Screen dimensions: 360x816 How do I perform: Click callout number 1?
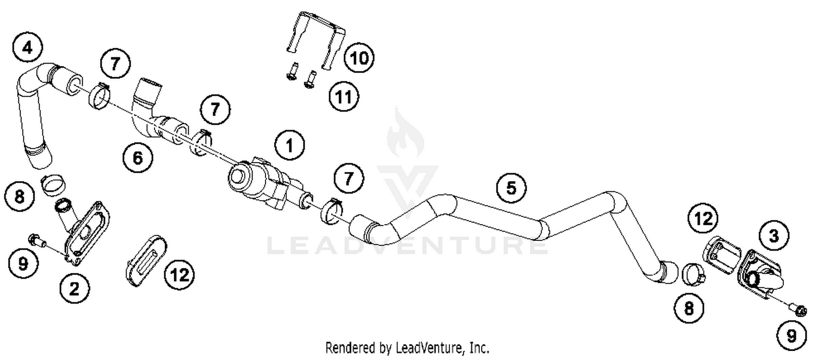(289, 145)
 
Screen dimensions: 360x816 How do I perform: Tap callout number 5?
(511, 188)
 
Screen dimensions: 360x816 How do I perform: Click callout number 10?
(360, 57)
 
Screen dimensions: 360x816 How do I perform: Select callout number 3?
(773, 235)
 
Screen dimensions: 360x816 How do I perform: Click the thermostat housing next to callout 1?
(260, 182)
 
